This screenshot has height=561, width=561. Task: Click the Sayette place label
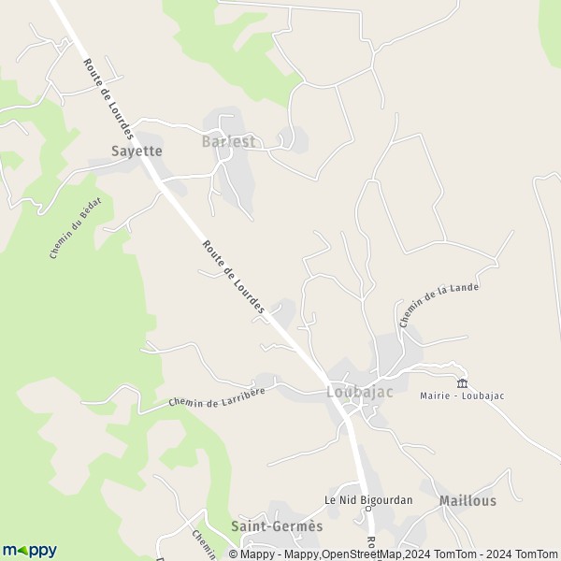tap(137, 151)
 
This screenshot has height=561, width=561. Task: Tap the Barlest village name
tap(227, 142)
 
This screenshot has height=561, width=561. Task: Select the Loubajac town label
tap(360, 393)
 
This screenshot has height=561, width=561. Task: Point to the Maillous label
tap(467, 501)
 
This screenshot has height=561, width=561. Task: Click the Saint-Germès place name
tap(277, 526)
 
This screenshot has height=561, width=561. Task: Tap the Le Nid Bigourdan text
tap(368, 499)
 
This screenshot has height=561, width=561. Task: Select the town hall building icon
tap(461, 383)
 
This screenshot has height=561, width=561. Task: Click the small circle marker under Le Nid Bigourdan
tap(368, 511)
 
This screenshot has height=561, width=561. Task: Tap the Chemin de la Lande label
tap(439, 305)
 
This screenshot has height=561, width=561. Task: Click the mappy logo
tap(30, 550)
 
